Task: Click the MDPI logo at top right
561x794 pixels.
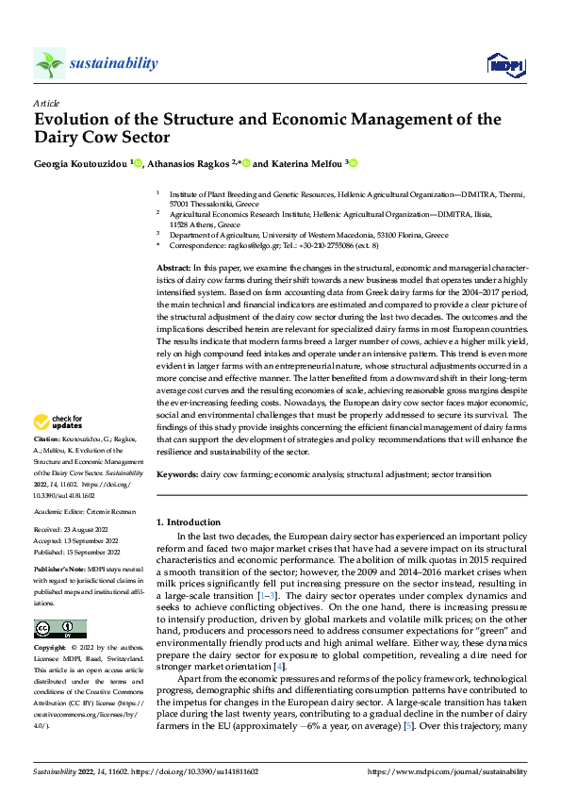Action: pyautogui.click(x=503, y=64)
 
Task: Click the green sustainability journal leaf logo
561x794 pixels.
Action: pyautogui.click(x=50, y=64)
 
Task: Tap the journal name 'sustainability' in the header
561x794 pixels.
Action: pyautogui.click(x=113, y=63)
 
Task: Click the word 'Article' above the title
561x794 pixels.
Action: pyautogui.click(x=46, y=104)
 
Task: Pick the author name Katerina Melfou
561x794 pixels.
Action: pyautogui.click(x=306, y=163)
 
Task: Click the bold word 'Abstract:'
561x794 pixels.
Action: pyautogui.click(x=173, y=268)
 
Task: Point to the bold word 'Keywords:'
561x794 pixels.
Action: pyautogui.click(x=176, y=476)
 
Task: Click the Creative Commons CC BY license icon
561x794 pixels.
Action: pyautogui.click(x=60, y=629)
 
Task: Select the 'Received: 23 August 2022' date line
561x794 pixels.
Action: pyautogui.click(x=73, y=531)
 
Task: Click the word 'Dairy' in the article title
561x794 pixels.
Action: pyautogui.click(x=61, y=137)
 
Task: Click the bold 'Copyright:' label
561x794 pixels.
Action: pyautogui.click(x=51, y=649)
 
